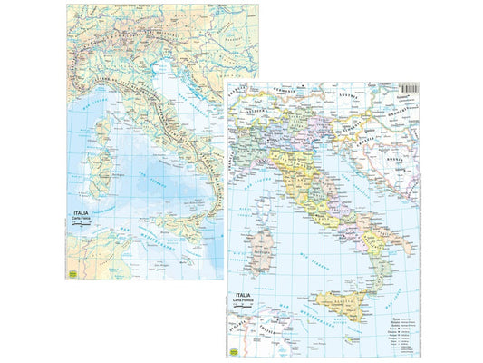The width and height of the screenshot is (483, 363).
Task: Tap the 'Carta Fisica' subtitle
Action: pos(78,222)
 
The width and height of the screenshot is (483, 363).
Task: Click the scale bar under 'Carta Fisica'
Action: pos(79,230)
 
